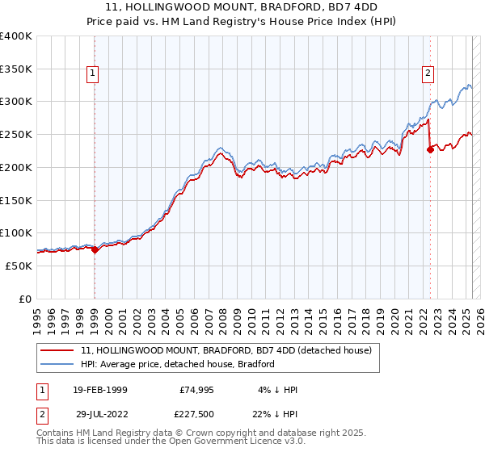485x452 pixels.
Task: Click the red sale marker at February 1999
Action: pyautogui.click(x=95, y=249)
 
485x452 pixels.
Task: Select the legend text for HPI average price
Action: pyautogui.click(x=178, y=364)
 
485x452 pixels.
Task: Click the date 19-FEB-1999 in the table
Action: pyautogui.click(x=99, y=389)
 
